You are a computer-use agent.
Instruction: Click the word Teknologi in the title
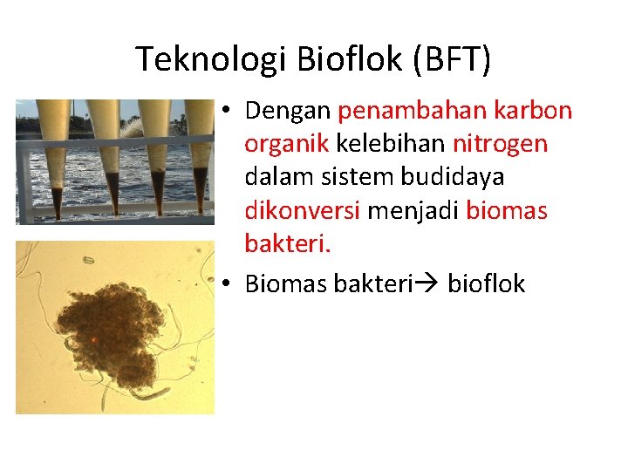coord(212,59)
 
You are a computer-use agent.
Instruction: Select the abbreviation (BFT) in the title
coord(454,59)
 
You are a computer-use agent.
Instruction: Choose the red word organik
coord(287,144)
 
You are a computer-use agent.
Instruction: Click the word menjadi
coord(413,210)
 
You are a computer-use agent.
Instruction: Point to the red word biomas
coord(507,210)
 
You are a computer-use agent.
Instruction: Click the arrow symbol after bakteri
coord(427,284)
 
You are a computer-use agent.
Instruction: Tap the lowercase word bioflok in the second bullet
coord(487,283)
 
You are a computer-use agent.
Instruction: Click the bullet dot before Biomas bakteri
coord(225,284)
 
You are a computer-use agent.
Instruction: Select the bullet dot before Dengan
coord(225,112)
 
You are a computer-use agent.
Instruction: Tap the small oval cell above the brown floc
coord(88,259)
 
